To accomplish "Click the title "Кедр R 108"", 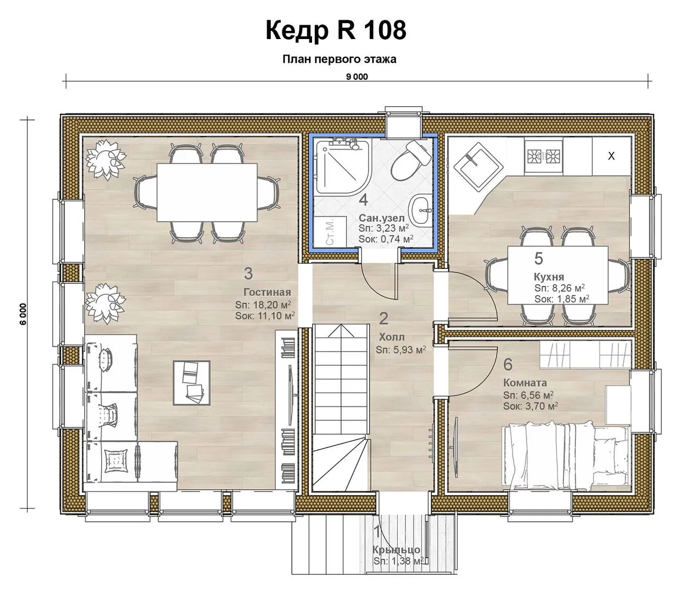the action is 336,30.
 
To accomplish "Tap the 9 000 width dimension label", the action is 357,77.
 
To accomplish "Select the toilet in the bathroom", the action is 409,160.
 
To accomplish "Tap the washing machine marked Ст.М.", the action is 329,231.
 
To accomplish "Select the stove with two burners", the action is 543,156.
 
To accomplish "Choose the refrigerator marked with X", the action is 612,156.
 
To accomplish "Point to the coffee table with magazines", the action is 192,383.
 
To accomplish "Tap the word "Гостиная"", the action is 267,292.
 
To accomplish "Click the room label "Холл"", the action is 392,337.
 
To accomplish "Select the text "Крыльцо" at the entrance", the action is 396,550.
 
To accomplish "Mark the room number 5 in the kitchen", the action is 539,258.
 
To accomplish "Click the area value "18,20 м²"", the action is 272,305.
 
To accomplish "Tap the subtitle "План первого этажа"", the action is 340,59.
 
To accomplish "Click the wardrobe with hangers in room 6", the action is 585,354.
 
